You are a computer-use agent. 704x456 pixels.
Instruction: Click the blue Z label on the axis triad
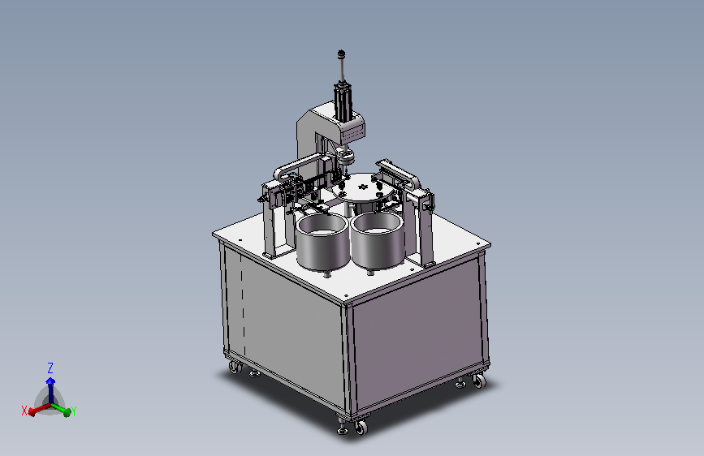point(50,368)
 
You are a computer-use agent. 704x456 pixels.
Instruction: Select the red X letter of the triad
point(24,411)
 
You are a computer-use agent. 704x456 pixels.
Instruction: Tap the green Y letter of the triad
point(74,411)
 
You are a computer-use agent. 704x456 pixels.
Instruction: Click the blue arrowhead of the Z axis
point(50,381)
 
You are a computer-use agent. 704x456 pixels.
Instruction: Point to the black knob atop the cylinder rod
point(341,54)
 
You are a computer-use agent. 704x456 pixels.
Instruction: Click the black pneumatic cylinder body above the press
point(343,101)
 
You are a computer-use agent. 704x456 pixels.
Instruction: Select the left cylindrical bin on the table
point(322,242)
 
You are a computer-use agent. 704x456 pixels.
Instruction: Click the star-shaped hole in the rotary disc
point(362,187)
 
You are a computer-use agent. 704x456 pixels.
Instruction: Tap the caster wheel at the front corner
point(361,427)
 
